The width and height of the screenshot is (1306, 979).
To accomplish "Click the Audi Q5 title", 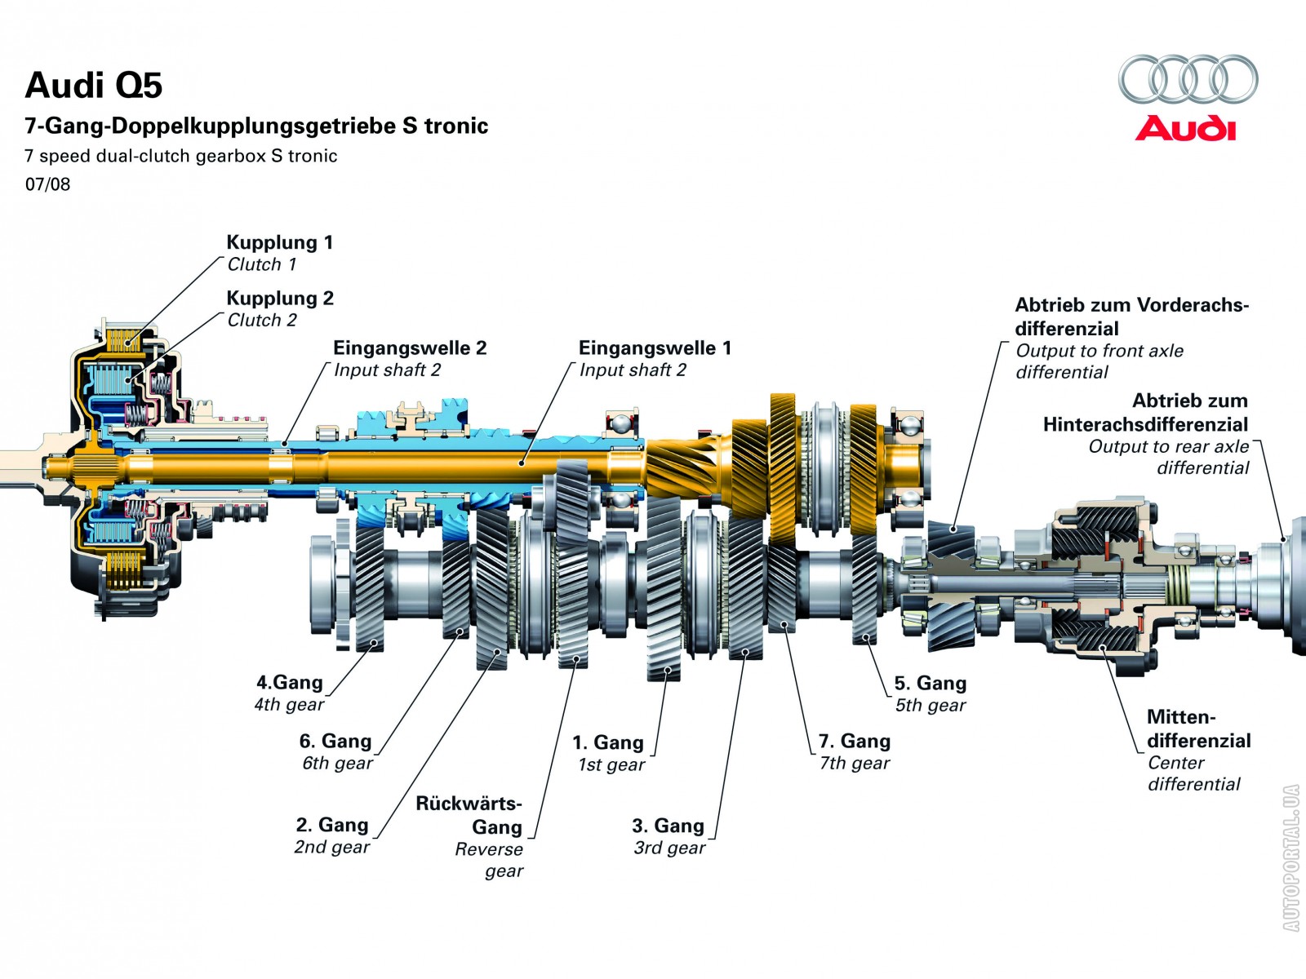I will [94, 86].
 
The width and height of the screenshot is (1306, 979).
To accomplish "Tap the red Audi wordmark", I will [1185, 129].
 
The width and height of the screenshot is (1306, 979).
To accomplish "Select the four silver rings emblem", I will [1188, 79].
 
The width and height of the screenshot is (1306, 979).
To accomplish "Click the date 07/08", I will [47, 184].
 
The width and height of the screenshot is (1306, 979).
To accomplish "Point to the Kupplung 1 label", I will [279, 242].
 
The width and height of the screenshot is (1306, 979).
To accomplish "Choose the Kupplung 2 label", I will [280, 298].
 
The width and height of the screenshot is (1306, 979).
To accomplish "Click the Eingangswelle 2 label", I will [410, 348].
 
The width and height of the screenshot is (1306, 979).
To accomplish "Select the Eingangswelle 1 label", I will [655, 348].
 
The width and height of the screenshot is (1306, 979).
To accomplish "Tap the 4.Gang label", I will [290, 682].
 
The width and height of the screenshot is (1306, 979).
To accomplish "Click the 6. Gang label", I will [335, 741].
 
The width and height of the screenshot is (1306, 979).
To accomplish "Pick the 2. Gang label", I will [332, 825].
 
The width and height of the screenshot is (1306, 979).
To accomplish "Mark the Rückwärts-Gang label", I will [469, 815].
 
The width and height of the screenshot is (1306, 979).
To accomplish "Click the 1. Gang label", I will [608, 742].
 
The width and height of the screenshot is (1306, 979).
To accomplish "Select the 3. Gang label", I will [668, 826].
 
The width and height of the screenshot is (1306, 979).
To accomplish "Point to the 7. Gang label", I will [855, 741].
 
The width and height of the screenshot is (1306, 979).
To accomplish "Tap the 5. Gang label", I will [931, 683].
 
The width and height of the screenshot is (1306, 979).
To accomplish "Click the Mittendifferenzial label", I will [1198, 729].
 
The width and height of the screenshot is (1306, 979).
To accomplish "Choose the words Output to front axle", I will [1099, 351].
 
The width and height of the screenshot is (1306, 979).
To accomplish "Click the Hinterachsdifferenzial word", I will [1145, 424].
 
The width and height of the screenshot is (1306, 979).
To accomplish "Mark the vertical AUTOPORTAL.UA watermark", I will [1290, 857].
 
